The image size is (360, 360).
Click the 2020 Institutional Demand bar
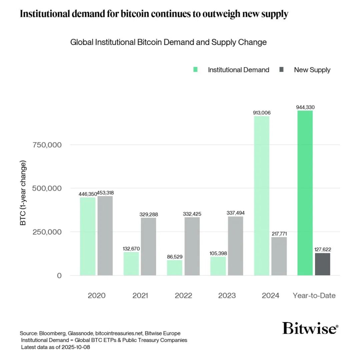[x=88, y=236]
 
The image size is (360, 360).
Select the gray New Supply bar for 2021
[x=148, y=246]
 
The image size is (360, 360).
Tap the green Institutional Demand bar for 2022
[x=175, y=268]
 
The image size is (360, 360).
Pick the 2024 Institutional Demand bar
[x=262, y=196]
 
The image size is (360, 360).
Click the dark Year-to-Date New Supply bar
[x=322, y=264]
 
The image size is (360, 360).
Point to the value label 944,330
[x=305, y=107]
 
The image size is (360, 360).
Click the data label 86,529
[x=175, y=257]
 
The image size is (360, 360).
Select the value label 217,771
[x=279, y=234]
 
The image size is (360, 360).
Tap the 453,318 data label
[x=105, y=193]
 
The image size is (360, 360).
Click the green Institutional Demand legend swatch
[x=195, y=70]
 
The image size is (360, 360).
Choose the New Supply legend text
[x=312, y=70]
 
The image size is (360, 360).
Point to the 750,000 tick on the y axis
[x=47, y=145]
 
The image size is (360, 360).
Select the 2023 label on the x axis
[x=227, y=296]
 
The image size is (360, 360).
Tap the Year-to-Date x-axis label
[x=314, y=296]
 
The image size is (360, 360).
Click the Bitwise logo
[x=310, y=328]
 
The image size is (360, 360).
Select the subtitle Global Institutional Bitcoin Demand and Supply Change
[x=168, y=42]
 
